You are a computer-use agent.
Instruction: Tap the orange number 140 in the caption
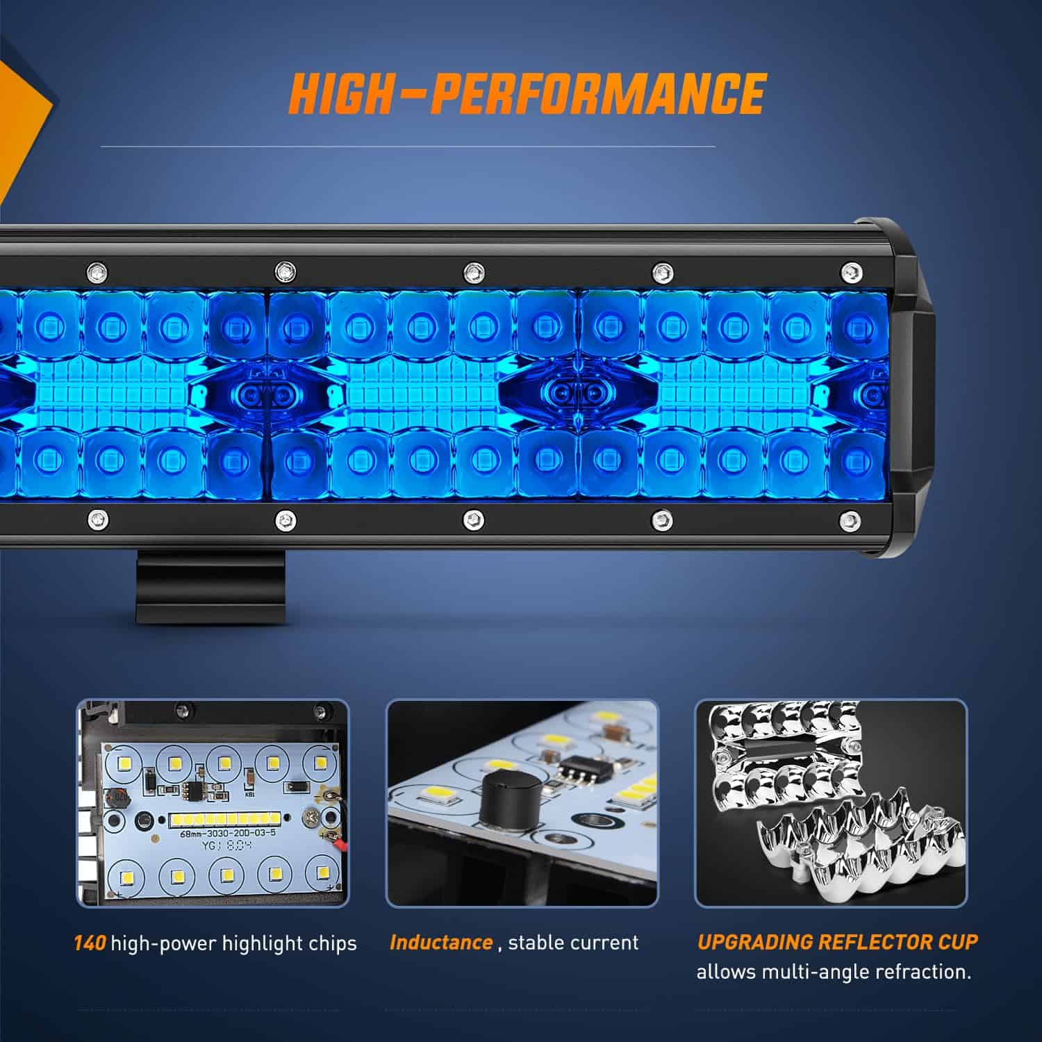click(90, 943)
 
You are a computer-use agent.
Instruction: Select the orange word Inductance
click(441, 943)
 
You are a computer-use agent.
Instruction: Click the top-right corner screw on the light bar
click(849, 271)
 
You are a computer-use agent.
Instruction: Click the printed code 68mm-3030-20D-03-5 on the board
click(227, 833)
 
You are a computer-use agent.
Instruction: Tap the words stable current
click(573, 943)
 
